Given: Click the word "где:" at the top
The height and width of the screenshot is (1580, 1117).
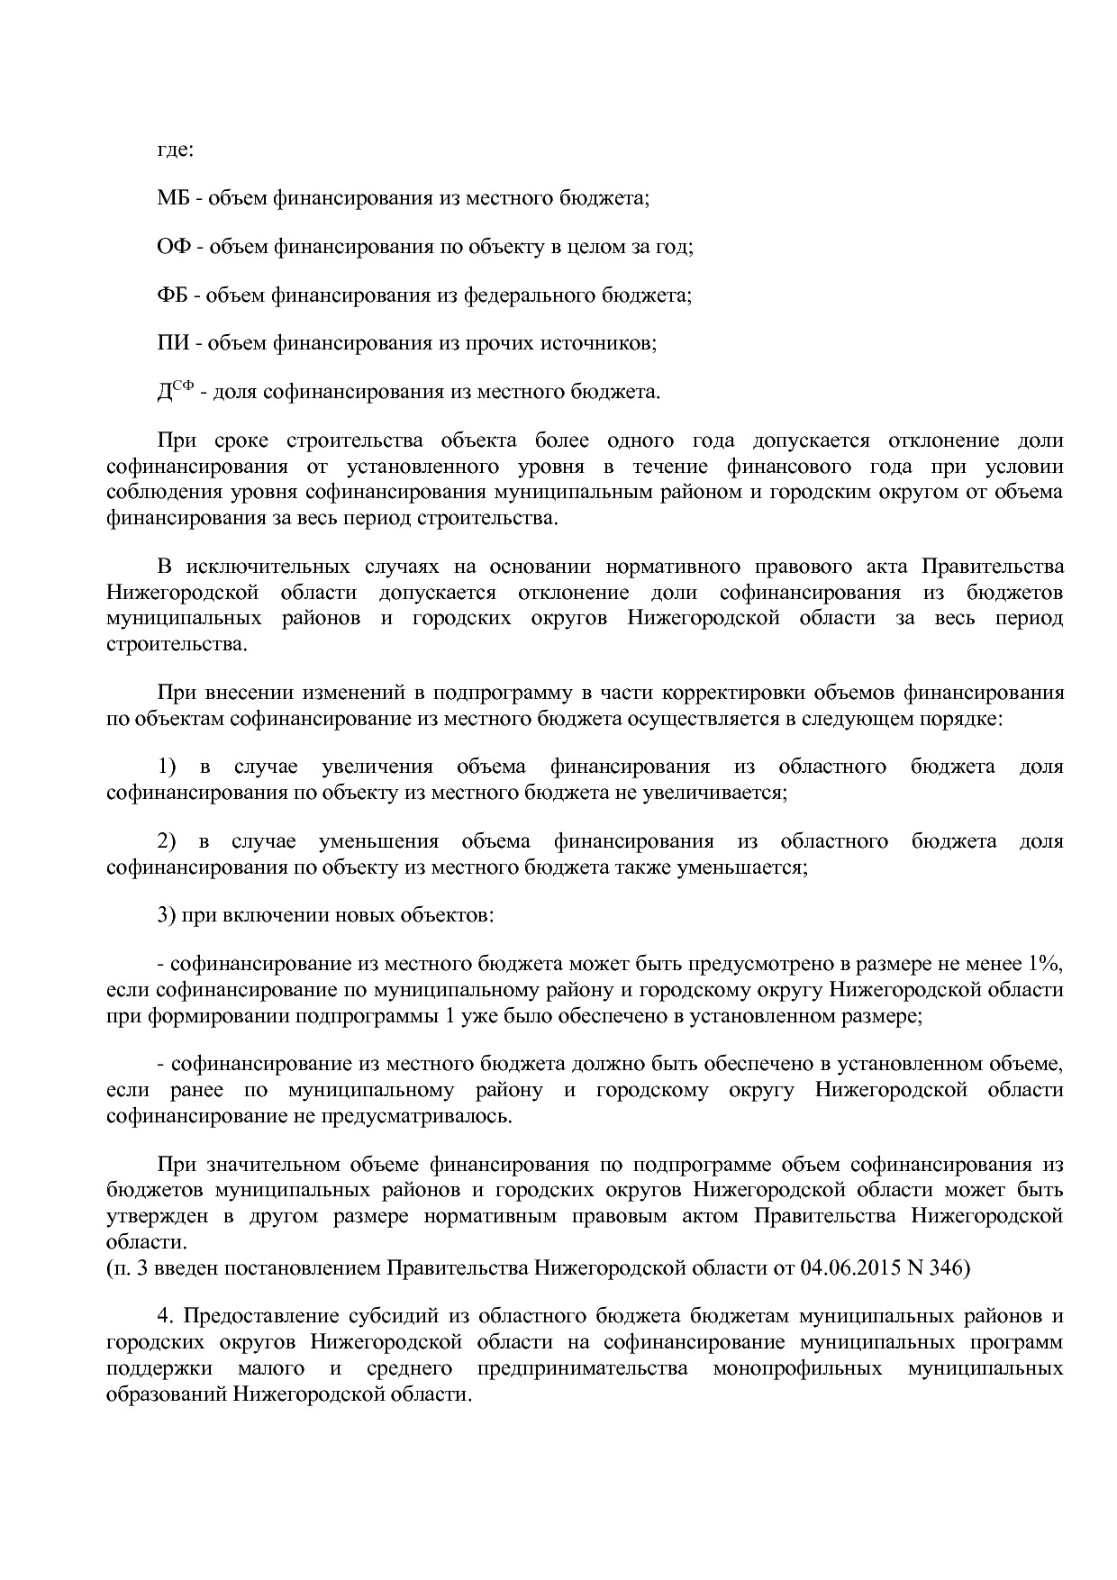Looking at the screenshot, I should coord(175,150).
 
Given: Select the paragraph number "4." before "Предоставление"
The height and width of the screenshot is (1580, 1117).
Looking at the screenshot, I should coord(165,1317).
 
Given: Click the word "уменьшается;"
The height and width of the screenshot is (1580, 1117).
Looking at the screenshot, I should coord(746,867).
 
